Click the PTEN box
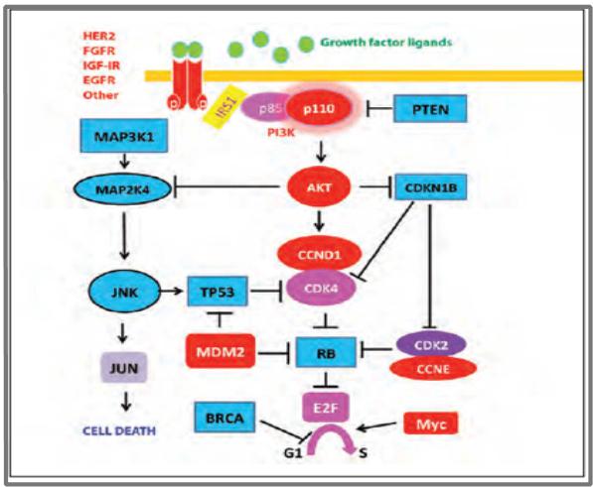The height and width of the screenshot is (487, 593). (430, 109)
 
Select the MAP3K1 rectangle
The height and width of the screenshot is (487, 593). (124, 136)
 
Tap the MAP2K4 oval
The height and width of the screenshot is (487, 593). (122, 189)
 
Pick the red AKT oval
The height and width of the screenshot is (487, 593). (319, 187)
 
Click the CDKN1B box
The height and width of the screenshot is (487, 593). (431, 186)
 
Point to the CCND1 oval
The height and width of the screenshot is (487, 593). (319, 255)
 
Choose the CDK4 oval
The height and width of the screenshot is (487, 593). (321, 289)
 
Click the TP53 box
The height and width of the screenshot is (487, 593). (218, 291)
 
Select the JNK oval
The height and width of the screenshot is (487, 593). (124, 292)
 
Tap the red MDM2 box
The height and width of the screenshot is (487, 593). (221, 351)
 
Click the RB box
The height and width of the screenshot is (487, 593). (326, 352)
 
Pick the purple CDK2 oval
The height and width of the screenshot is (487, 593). (431, 345)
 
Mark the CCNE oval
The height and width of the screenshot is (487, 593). (433, 368)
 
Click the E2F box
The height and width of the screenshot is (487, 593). (325, 408)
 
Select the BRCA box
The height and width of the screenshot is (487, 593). (224, 418)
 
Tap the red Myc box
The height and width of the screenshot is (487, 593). (431, 424)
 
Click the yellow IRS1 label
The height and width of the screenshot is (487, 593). (225, 107)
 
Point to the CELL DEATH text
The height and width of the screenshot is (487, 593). (119, 430)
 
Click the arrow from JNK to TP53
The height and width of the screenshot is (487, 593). (171, 291)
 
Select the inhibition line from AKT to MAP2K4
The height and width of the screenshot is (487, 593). (226, 186)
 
